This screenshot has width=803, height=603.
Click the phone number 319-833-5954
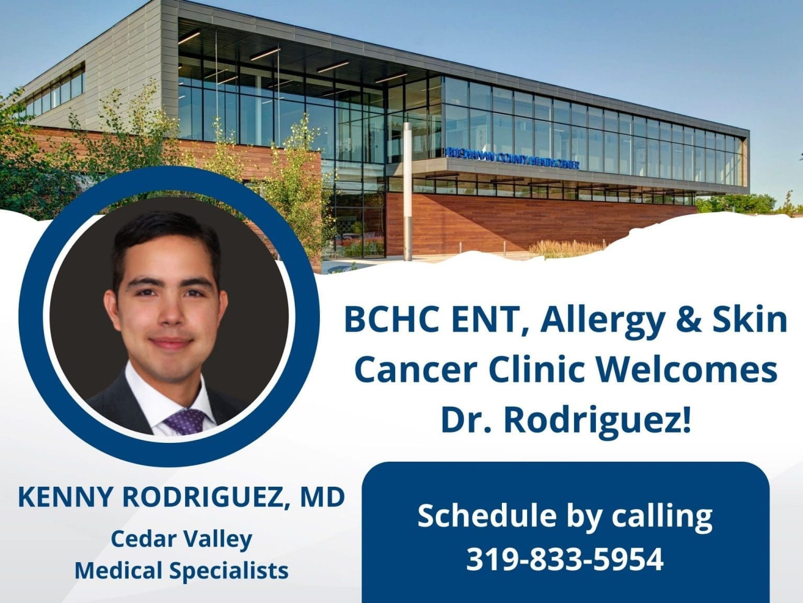565,559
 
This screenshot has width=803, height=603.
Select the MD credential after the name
322,497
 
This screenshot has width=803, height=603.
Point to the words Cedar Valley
181,539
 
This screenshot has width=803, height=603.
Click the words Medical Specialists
181,569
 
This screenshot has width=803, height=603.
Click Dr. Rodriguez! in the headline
566,419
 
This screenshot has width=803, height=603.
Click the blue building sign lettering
512,151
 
